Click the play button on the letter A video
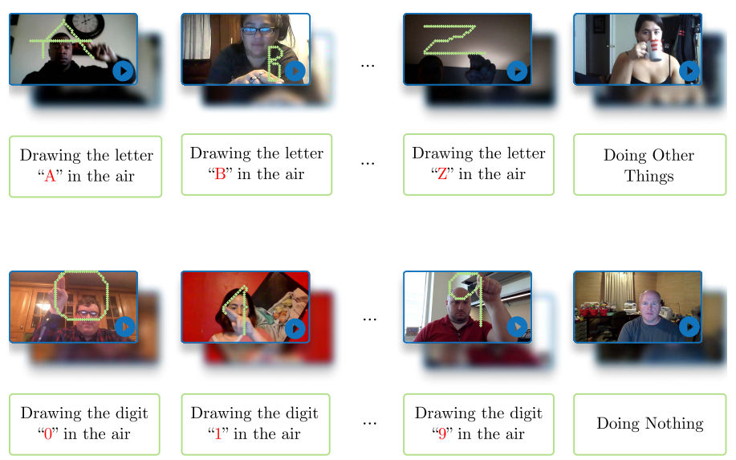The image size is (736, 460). pos(123,71)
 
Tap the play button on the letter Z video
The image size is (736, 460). pos(517,71)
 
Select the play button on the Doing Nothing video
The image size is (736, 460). pos(689,327)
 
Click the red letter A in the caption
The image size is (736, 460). pos(50,177)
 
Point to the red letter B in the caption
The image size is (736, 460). pos(220,175)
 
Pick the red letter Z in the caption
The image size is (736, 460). pos(442,175)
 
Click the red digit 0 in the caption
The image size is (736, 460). pos(48,434)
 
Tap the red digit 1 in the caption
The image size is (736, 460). pos(218,434)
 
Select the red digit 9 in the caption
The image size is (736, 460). pos(441,434)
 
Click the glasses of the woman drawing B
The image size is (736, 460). pos(258,31)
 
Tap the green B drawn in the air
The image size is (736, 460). pos(274,63)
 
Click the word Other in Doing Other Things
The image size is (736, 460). pos(672,155)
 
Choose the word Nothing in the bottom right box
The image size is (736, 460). pos(674,424)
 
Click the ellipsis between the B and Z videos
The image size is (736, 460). pos(368,66)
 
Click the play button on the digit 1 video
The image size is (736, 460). pos(295,328)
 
